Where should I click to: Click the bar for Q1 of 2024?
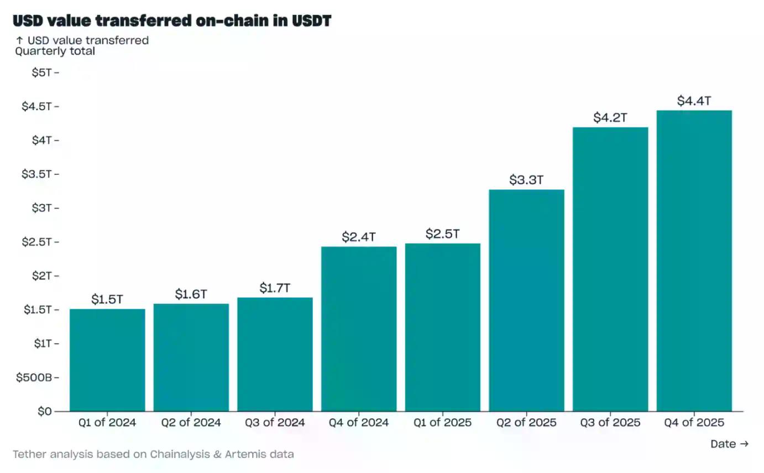pyautogui.click(x=107, y=360)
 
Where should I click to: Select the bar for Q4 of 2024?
pyautogui.click(x=359, y=329)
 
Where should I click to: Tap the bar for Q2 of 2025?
pyautogui.click(x=526, y=300)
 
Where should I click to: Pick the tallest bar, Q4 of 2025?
pyautogui.click(x=694, y=261)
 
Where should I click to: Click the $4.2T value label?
pyautogui.click(x=610, y=117)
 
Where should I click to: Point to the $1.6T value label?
pyautogui.click(x=191, y=294)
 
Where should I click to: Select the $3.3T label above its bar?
pyautogui.click(x=526, y=180)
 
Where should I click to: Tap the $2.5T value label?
pyautogui.click(x=442, y=233)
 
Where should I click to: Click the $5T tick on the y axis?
pyautogui.click(x=42, y=72)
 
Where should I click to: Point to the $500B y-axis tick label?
pyautogui.click(x=34, y=378)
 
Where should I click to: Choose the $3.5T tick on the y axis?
pyautogui.click(x=36, y=174)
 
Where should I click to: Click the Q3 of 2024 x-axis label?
pyautogui.click(x=275, y=423)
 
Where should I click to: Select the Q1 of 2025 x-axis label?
pyautogui.click(x=442, y=423)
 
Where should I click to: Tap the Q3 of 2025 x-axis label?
pyautogui.click(x=610, y=423)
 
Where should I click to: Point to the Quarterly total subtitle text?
pyautogui.click(x=55, y=51)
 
